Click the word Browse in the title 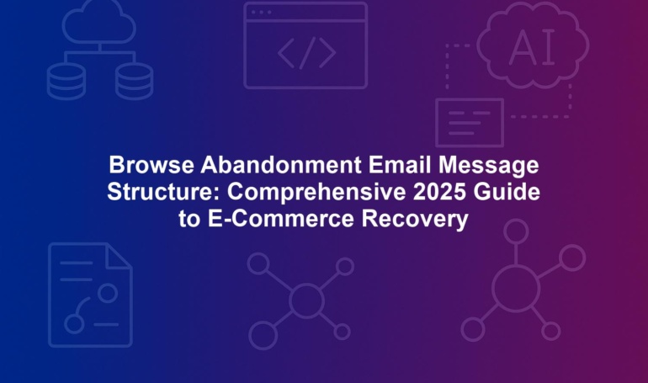point(151,165)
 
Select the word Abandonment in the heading point(281,165)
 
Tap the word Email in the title point(400,165)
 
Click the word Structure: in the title point(163,192)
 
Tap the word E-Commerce point(280,219)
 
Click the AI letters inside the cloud point(532,47)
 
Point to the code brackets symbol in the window point(306,53)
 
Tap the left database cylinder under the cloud point(66,81)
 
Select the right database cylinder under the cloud point(134,81)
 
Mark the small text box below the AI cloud point(470,123)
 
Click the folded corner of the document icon point(119,257)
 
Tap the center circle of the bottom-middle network point(306,301)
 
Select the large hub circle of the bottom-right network point(516,289)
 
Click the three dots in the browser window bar point(261,12)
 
